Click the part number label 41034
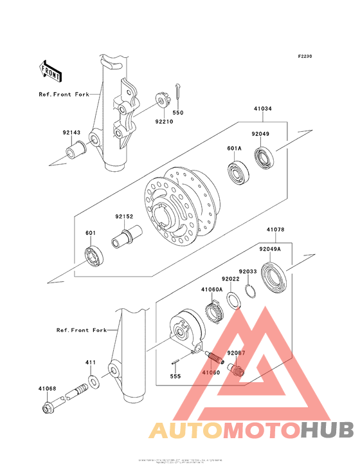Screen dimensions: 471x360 click(262, 109)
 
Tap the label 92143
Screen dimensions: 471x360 click(71, 133)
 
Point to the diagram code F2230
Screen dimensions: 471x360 click(304, 57)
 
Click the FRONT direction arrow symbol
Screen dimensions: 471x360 click(51, 69)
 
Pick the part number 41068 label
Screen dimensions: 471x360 click(47, 388)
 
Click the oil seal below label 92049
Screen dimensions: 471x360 click(264, 158)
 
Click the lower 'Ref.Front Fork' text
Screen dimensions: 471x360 click(81, 330)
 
